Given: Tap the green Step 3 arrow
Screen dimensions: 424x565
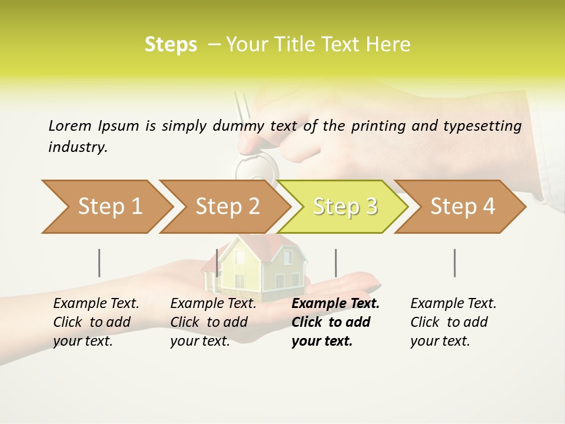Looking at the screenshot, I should (344, 207).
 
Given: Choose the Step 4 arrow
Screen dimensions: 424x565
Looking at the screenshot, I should (462, 207).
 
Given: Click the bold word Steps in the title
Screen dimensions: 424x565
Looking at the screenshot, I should (171, 45).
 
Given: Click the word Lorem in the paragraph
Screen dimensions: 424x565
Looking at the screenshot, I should (70, 125).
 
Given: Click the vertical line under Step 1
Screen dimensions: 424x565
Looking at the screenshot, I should (99, 263).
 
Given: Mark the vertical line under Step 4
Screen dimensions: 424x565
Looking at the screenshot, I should (455, 263).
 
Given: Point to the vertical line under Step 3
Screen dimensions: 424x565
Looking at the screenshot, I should (335, 263).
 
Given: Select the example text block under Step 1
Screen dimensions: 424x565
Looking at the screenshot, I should (95, 322).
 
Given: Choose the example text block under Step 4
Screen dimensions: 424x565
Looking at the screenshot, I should (453, 322).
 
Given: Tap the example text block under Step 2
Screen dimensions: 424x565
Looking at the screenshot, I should (212, 322).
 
